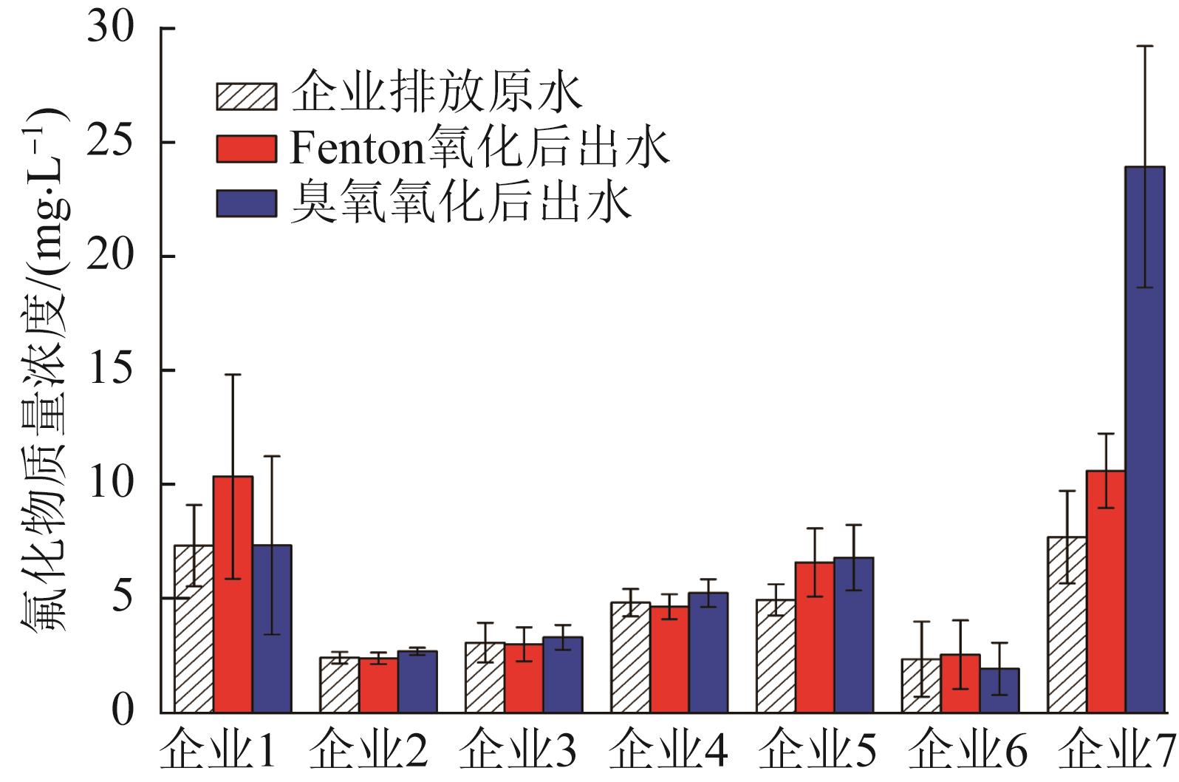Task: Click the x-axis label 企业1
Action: tap(219, 754)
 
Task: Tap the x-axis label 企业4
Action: tap(669, 754)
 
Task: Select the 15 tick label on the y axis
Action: tap(111, 370)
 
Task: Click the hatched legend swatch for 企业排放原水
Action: tap(246, 96)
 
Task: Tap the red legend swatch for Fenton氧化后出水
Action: tap(246, 149)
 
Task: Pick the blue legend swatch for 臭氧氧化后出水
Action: tap(246, 203)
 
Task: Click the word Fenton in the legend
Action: tap(355, 149)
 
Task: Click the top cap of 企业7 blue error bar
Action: tap(1144, 46)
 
